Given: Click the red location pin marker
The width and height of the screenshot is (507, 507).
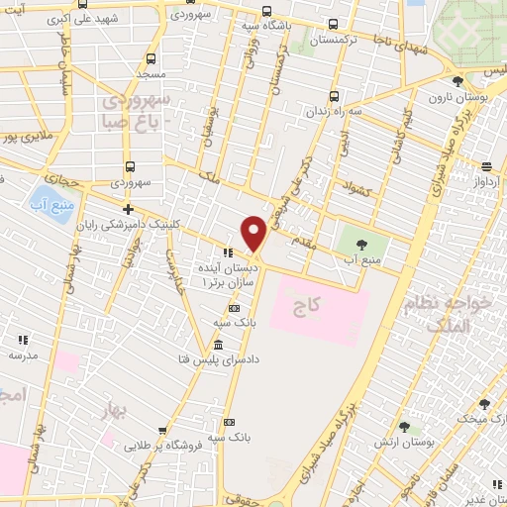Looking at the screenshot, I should coord(254,234).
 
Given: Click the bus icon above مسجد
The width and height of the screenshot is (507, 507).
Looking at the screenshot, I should coord(150,58).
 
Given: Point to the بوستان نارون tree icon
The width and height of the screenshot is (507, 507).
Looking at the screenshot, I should coord(456,82).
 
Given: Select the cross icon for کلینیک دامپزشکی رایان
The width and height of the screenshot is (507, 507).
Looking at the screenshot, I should coord(128,209).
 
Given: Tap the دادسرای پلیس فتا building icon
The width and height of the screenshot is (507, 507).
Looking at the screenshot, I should coord(218,344).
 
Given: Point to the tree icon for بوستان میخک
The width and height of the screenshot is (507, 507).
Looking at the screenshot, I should coord(484,403).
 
